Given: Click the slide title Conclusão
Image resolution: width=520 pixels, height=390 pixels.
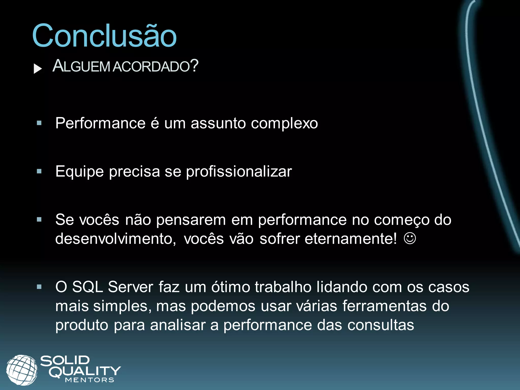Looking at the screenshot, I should click(x=104, y=36).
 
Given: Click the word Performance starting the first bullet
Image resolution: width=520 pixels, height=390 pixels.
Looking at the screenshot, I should click(x=101, y=123).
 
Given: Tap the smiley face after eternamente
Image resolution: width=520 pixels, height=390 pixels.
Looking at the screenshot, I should click(x=410, y=238).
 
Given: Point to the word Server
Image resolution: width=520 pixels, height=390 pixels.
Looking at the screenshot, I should click(x=131, y=287).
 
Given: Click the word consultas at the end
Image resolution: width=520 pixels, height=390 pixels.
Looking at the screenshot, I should click(x=381, y=325).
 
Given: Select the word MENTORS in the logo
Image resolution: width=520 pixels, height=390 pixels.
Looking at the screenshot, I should click(x=90, y=380).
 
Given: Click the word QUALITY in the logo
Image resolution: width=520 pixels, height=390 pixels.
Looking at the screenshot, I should click(x=85, y=371).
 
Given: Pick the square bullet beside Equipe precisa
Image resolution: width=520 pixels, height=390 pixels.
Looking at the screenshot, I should click(x=39, y=171).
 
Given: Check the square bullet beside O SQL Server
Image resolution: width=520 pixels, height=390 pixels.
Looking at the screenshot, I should click(x=39, y=287).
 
